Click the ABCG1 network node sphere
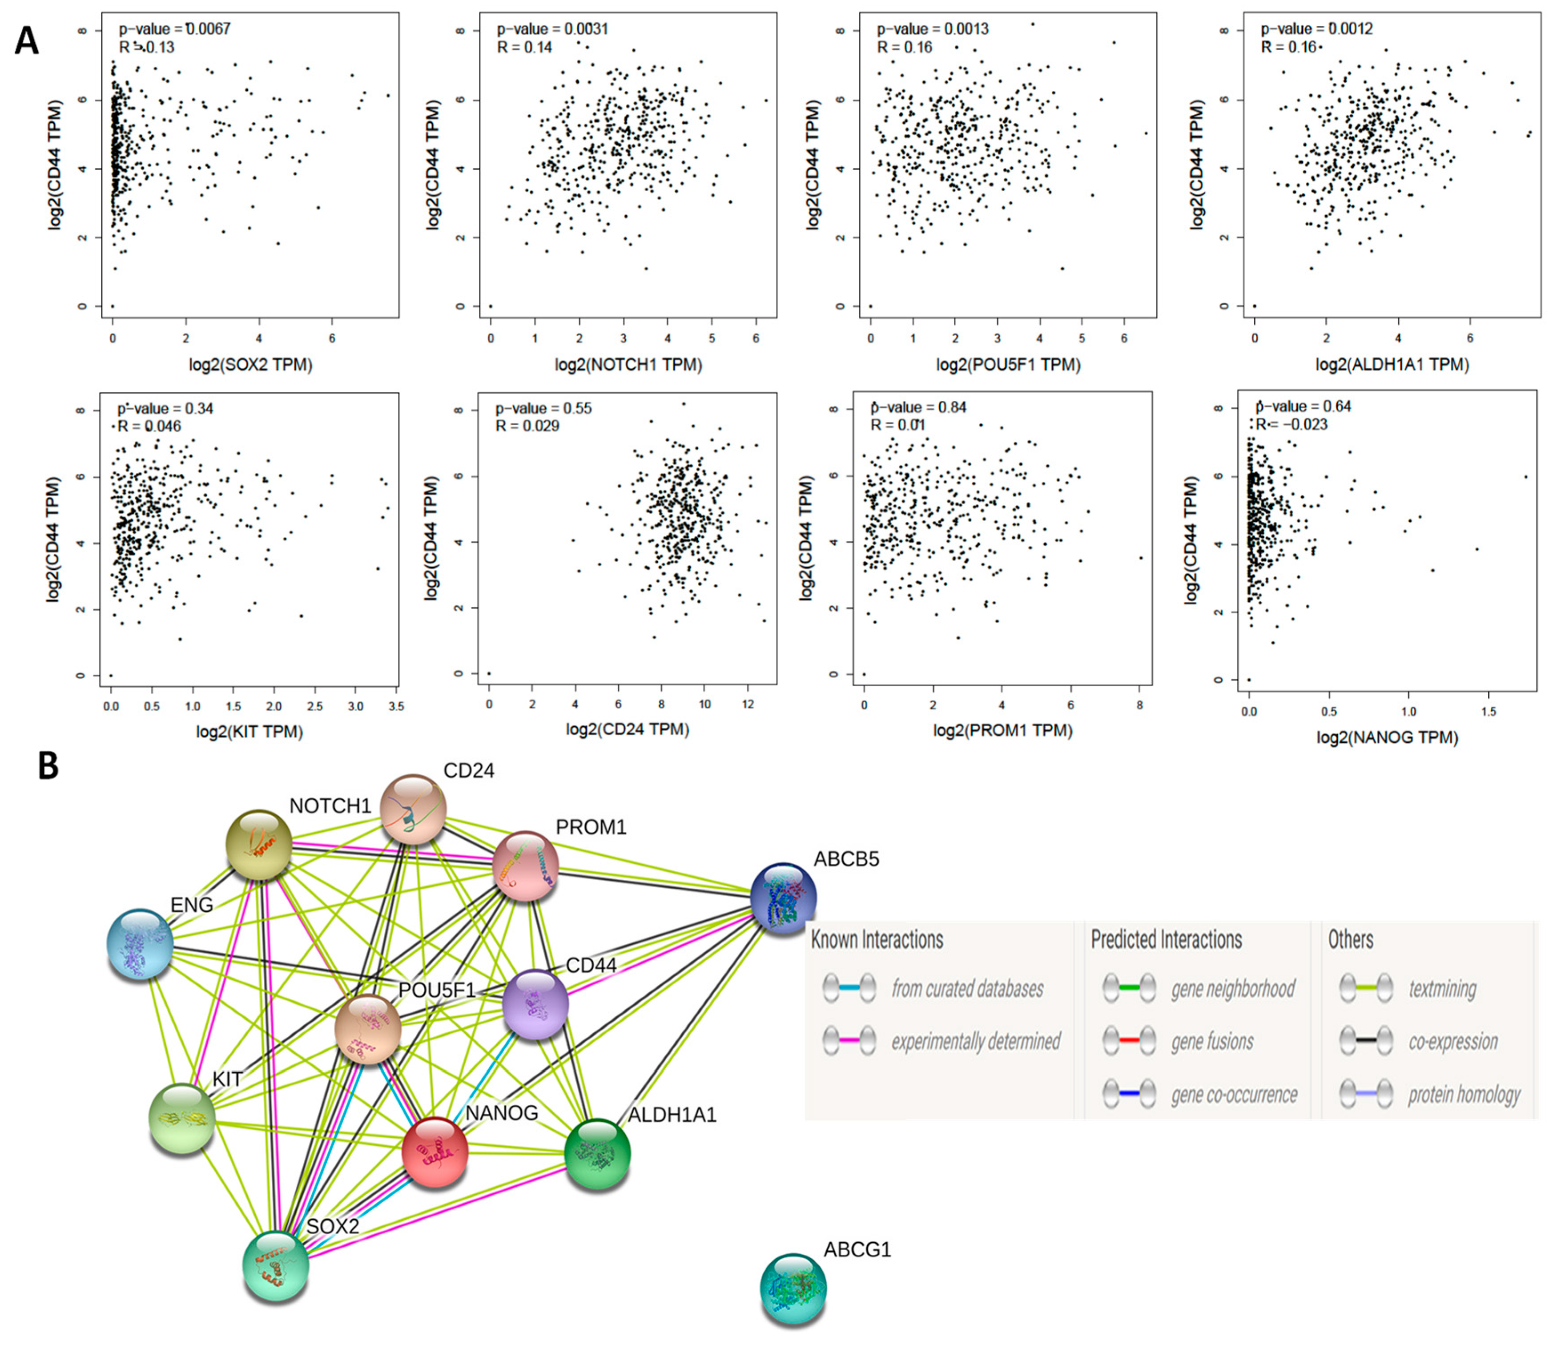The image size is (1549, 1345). click(793, 1286)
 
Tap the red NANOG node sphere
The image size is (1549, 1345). click(435, 1152)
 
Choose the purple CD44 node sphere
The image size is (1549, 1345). click(535, 1003)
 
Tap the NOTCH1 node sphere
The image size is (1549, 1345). click(259, 844)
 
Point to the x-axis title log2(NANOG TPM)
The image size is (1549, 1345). click(1387, 738)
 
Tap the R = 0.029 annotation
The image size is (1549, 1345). click(527, 426)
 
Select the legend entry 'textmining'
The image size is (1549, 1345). click(1442, 989)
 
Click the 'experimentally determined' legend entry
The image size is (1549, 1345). click(976, 1042)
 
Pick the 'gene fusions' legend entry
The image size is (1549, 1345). click(1212, 1042)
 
